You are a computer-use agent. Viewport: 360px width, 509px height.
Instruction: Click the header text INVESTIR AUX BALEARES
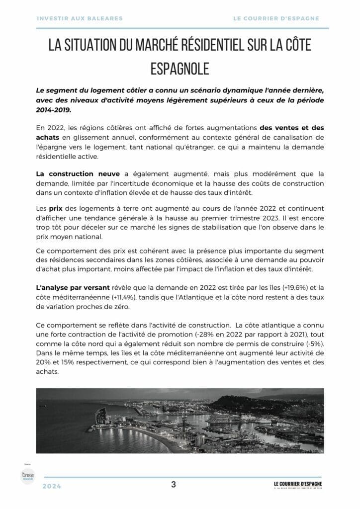click(x=80, y=18)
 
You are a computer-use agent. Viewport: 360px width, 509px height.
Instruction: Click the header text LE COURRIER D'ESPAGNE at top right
click(x=276, y=18)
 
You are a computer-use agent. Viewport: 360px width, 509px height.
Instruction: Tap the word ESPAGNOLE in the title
click(x=180, y=69)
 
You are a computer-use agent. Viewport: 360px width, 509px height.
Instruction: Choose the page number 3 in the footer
click(x=173, y=485)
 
